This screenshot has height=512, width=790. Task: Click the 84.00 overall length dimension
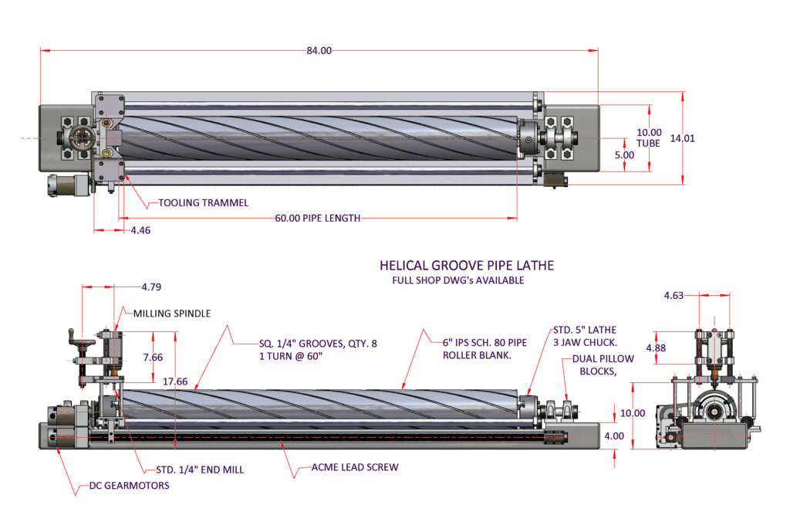click(x=319, y=51)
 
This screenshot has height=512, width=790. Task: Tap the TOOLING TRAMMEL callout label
click(x=204, y=203)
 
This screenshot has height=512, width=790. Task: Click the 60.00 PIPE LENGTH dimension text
click(x=318, y=219)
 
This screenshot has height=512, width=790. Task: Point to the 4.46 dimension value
click(x=141, y=230)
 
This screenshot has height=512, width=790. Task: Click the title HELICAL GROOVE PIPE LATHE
click(x=466, y=266)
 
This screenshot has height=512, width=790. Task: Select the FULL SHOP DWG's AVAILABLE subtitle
click(x=458, y=280)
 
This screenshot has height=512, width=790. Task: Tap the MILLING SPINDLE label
click(x=172, y=314)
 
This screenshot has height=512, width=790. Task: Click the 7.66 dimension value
click(x=154, y=357)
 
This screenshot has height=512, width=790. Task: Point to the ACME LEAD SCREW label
click(x=356, y=467)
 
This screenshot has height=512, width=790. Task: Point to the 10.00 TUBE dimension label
click(x=649, y=137)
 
